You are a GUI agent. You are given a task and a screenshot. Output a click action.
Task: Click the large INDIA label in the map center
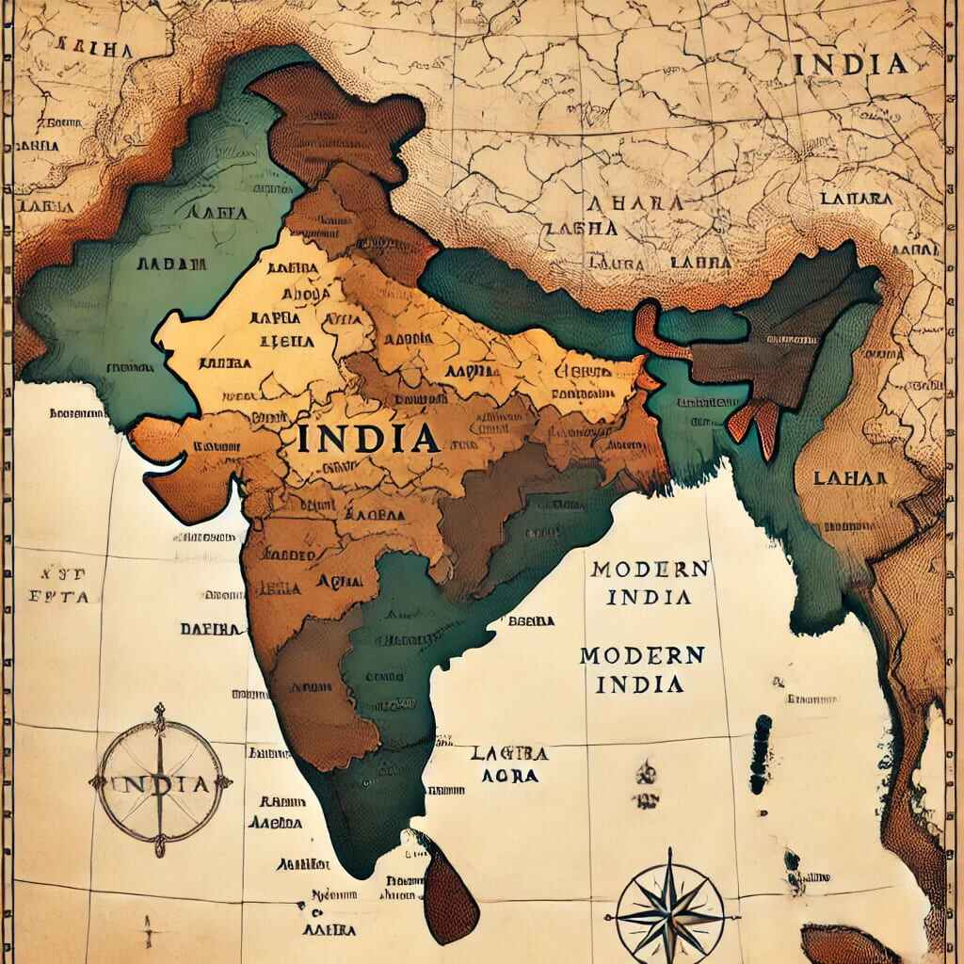point(367,439)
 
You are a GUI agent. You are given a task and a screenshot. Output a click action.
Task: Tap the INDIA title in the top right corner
point(850,64)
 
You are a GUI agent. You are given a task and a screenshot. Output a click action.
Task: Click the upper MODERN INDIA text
point(650,583)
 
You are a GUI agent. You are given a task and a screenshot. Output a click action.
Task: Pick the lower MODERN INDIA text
point(642,669)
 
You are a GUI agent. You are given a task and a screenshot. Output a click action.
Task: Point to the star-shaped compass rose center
point(670,911)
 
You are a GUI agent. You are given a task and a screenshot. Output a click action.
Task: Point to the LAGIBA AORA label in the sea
point(508,764)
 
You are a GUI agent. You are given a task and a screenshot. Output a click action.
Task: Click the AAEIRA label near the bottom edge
point(329,929)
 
